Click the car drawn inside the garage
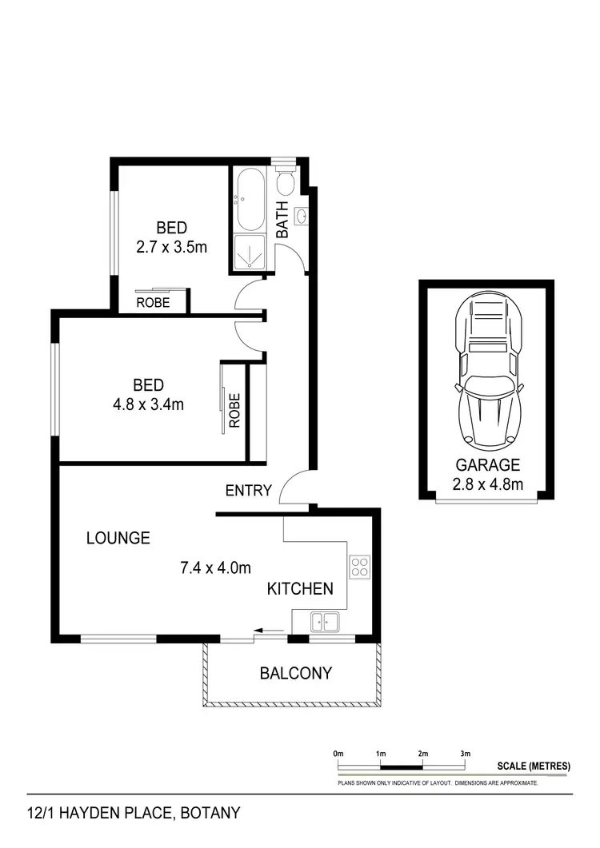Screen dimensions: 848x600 (488, 373)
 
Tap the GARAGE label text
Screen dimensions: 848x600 (488, 464)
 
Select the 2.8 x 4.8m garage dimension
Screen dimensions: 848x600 (488, 484)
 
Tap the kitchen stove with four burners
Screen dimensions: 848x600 (359, 567)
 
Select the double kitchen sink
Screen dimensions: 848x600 (326, 619)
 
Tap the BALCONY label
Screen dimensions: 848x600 (295, 673)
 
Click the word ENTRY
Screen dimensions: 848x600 (248, 491)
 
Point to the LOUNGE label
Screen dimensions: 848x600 (118, 538)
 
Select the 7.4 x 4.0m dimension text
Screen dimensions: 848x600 (215, 568)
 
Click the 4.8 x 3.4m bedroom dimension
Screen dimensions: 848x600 (149, 404)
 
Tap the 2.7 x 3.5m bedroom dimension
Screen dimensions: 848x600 (171, 247)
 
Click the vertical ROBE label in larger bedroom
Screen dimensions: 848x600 (234, 410)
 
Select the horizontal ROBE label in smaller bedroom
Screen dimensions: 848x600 (152, 303)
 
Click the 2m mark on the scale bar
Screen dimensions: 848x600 (422, 754)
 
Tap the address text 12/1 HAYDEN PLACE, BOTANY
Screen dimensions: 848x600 (134, 814)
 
